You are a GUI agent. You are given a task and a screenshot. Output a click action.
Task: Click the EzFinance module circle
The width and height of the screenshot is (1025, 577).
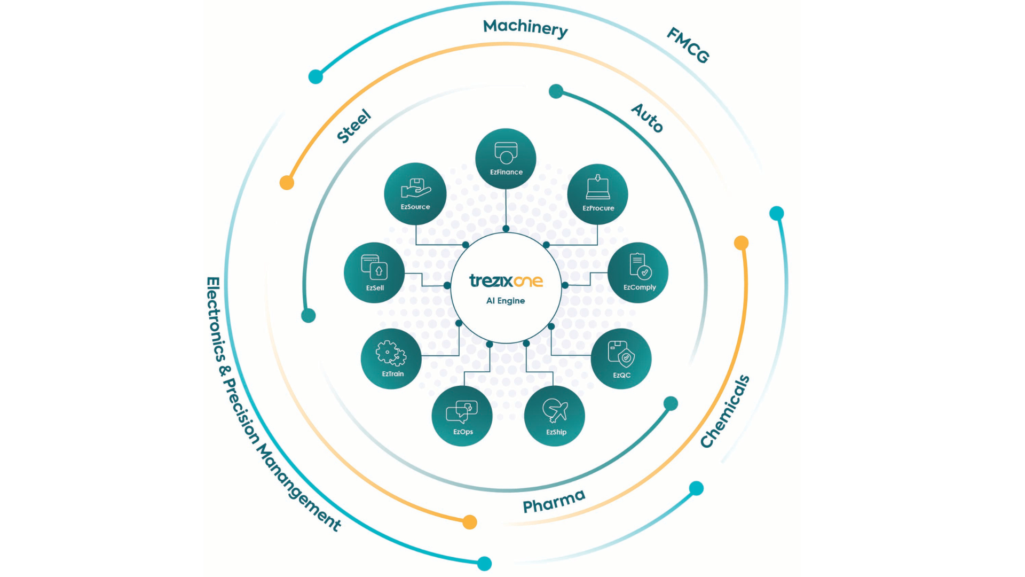[506, 159]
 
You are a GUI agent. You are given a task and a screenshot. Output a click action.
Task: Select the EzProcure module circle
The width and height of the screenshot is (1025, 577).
[597, 194]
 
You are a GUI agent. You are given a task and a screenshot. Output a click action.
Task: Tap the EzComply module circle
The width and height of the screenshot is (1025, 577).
[638, 272]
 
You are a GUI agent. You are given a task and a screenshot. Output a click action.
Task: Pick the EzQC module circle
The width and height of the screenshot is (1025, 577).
[621, 358]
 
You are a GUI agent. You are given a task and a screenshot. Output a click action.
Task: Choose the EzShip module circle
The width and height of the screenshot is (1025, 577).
[555, 416]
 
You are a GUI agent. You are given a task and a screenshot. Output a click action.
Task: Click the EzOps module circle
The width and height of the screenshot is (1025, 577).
[462, 416]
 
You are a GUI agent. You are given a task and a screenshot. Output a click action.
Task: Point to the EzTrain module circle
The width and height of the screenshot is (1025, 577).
[391, 358]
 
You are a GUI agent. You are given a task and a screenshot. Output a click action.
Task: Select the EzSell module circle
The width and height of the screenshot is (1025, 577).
[374, 272]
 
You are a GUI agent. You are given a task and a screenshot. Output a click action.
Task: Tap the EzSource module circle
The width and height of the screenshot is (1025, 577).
[415, 193]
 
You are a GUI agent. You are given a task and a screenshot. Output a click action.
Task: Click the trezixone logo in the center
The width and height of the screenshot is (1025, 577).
[506, 280]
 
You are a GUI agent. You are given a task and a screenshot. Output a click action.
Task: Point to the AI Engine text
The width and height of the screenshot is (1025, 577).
[505, 301]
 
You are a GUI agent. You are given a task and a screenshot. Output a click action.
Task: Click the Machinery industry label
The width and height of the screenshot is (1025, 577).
[525, 28]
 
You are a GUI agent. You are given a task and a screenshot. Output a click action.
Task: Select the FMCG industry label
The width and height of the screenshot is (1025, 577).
[688, 45]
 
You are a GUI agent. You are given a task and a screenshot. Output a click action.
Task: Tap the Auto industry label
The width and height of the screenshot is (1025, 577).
[648, 118]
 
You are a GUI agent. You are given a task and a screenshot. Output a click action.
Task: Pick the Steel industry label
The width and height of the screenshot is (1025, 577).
[353, 126]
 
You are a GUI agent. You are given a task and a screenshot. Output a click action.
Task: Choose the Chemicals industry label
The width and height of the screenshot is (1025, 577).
[725, 411]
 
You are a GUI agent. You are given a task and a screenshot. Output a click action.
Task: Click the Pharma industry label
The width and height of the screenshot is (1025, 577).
[554, 501]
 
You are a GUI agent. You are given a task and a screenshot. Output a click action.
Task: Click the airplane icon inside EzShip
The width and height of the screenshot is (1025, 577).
[555, 410]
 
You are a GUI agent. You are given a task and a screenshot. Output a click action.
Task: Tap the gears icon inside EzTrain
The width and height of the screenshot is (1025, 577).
[391, 353]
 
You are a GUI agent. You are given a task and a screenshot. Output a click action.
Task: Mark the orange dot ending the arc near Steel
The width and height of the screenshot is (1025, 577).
[287, 183]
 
